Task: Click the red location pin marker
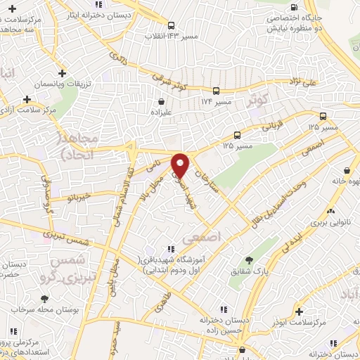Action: click(x=181, y=165)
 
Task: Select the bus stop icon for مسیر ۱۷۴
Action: click(x=216, y=91)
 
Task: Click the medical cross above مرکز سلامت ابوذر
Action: click(x=300, y=311)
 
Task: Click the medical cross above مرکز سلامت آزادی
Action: click(x=27, y=100)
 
